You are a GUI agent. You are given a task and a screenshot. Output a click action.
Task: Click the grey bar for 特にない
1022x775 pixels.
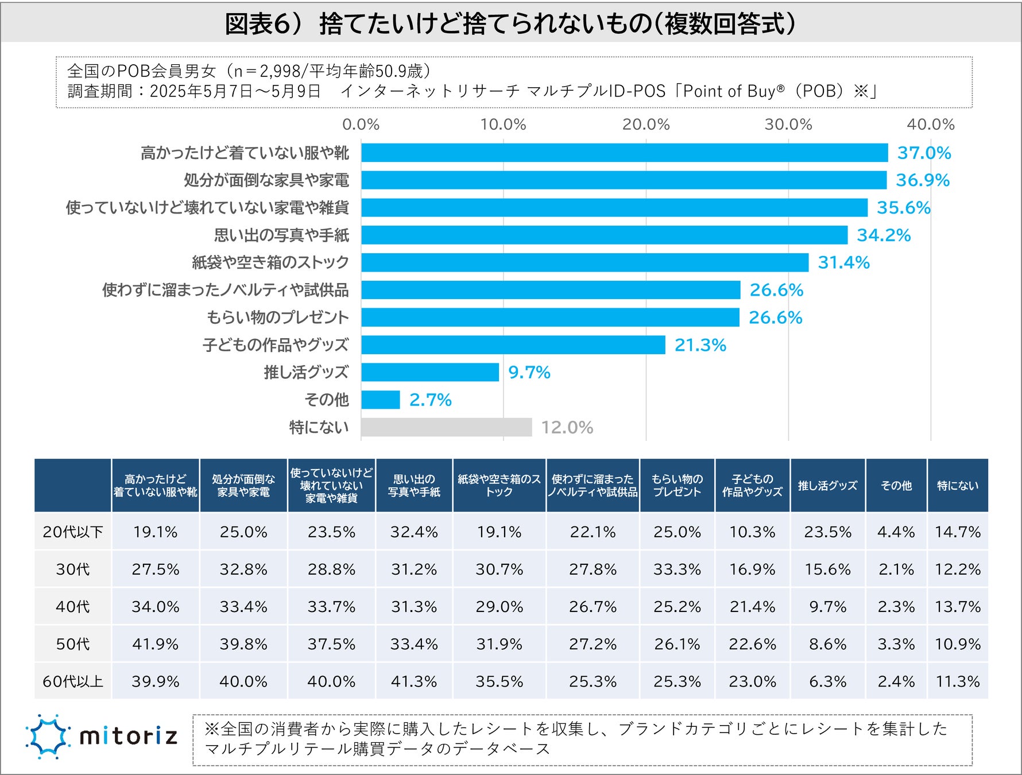[447, 427]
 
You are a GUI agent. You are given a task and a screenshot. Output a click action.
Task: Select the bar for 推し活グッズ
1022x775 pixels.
[430, 372]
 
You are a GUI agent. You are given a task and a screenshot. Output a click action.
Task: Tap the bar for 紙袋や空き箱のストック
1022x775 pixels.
[584, 262]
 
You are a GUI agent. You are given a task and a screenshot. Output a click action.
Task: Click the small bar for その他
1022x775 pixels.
[381, 400]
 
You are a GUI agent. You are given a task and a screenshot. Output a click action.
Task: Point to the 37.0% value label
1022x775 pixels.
[924, 153]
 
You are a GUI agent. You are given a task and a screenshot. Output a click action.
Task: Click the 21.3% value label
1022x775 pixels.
[700, 345]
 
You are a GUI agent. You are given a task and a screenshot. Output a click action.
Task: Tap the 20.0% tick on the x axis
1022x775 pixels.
[646, 124]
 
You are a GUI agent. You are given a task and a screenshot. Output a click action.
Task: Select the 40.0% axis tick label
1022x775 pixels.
[930, 124]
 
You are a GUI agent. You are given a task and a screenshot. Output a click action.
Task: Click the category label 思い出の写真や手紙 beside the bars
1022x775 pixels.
[281, 235]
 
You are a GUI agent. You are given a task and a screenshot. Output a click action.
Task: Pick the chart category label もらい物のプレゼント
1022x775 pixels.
[278, 317]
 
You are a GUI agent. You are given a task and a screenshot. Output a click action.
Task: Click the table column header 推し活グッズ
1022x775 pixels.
[827, 486]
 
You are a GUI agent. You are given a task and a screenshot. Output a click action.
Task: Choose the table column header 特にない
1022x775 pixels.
[957, 486]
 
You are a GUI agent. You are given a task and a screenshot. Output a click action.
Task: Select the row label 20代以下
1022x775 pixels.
[73, 532]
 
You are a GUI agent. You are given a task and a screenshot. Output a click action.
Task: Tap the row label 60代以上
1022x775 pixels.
[73, 681]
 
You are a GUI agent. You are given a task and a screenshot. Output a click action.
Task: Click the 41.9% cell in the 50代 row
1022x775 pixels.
[155, 644]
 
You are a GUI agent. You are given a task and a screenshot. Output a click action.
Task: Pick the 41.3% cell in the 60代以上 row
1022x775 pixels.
[413, 681]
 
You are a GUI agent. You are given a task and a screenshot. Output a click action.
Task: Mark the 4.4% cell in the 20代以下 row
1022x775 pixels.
[896, 532]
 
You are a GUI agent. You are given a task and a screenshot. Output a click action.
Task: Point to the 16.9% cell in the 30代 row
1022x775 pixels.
[752, 569]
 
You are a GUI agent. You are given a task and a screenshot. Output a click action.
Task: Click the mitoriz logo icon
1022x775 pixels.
[48, 736]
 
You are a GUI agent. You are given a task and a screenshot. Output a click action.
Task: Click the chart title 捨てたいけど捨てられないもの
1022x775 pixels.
[510, 24]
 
